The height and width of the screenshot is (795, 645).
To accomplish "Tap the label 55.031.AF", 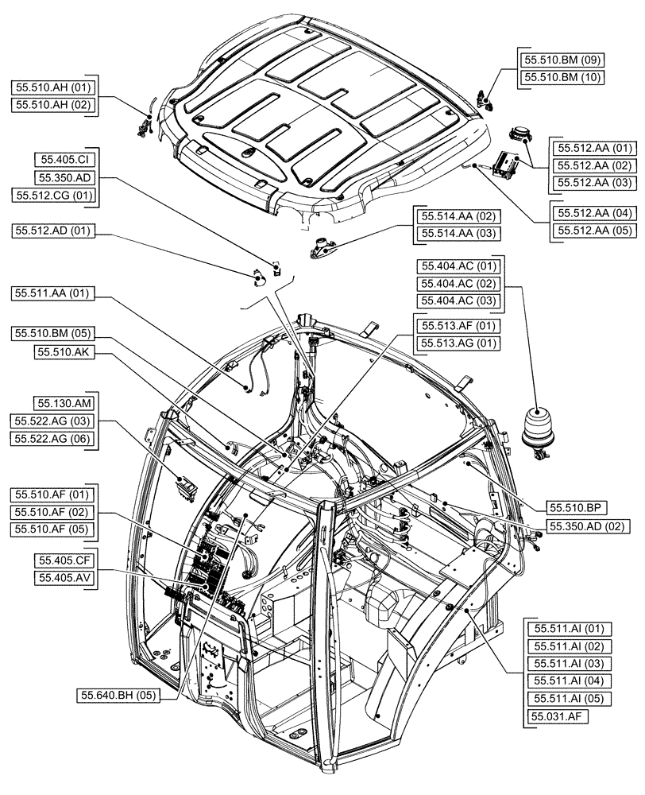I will click(554, 716).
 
